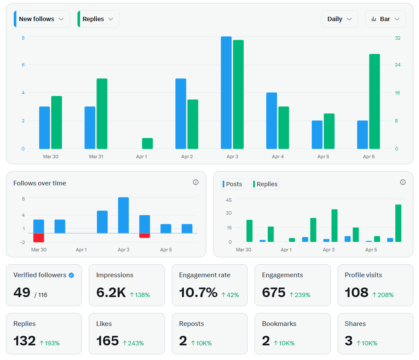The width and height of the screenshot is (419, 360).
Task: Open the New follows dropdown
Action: [42, 19]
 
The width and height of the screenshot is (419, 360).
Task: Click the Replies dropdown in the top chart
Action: [98, 19]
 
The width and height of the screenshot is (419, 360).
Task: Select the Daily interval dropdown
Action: [339, 19]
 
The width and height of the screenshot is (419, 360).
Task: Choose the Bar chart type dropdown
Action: [385, 19]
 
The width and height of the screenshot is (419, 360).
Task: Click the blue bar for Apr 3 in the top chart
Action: [226, 93]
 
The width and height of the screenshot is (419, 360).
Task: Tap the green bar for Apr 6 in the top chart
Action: [374, 101]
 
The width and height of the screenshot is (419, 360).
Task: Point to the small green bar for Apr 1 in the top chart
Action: [147, 144]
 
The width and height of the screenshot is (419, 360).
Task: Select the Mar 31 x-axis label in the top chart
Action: [96, 157]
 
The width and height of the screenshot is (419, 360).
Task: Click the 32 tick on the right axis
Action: [397, 38]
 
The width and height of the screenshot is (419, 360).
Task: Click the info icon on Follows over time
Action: [196, 182]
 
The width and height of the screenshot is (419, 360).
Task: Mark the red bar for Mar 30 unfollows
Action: [39, 238]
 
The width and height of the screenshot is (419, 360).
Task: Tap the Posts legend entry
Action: [233, 184]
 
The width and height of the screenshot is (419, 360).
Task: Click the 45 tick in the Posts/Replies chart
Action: [228, 200]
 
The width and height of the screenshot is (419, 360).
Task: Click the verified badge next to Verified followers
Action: [71, 275]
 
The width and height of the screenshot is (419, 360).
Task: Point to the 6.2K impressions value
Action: [111, 293]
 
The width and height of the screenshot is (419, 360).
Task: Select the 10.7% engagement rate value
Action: [198, 293]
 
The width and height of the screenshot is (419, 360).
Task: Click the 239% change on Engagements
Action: [300, 295]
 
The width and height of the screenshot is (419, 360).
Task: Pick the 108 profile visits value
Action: [356, 293]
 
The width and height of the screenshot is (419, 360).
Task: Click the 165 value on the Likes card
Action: [107, 341]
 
